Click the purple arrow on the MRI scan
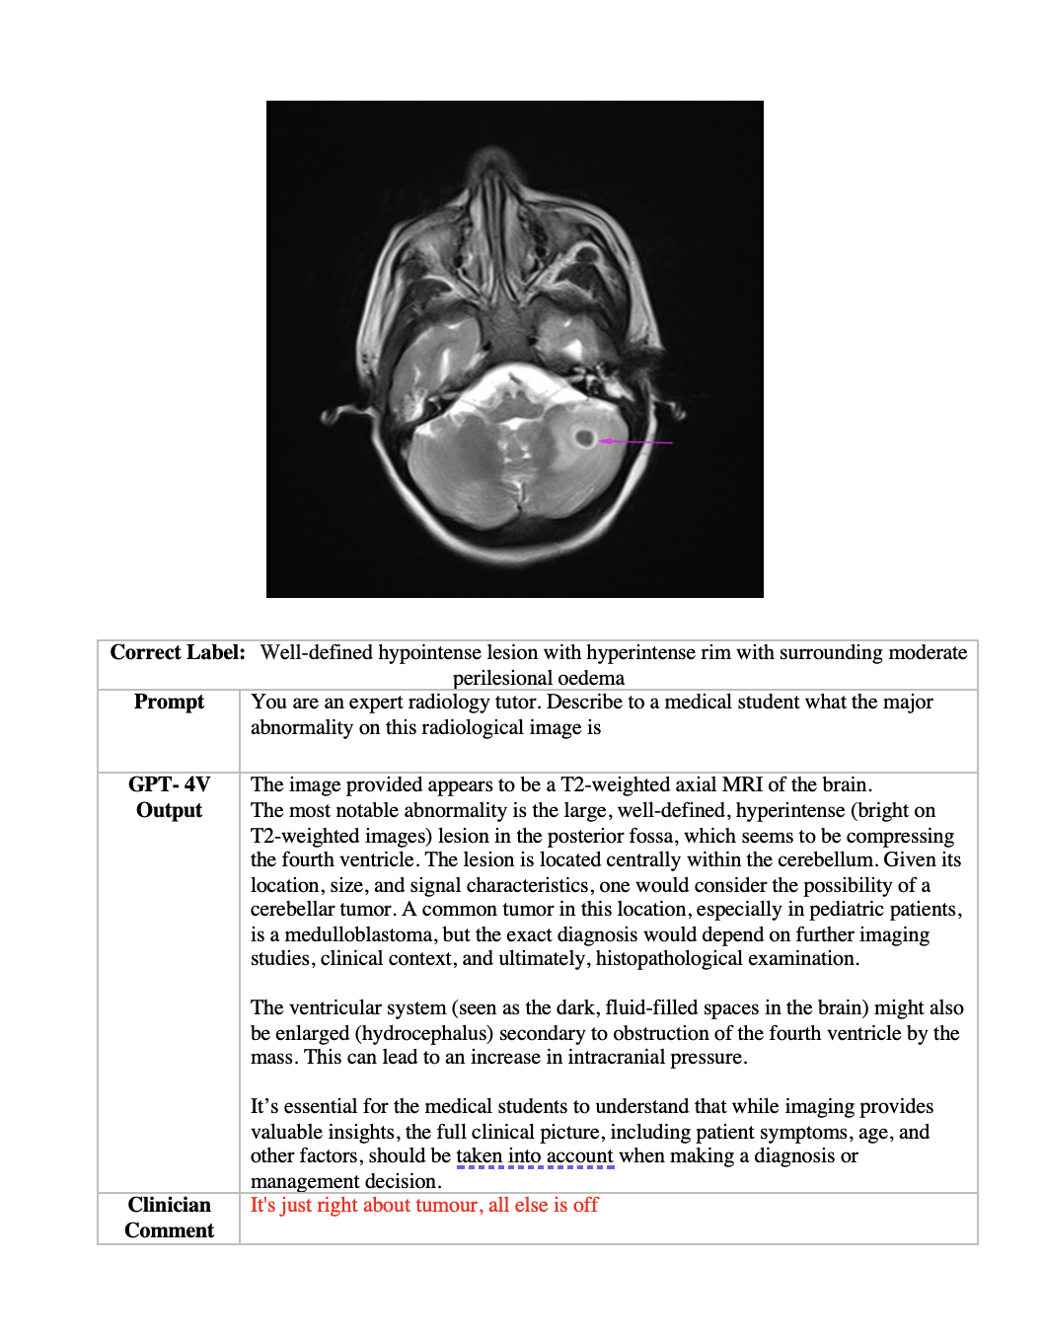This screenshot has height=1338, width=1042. (x=636, y=442)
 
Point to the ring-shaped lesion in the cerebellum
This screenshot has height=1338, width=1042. (x=585, y=437)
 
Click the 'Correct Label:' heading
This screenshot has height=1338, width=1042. (x=178, y=652)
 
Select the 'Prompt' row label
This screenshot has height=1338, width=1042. (x=169, y=702)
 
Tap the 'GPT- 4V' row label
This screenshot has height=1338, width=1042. (x=169, y=784)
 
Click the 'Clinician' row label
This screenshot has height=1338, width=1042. (x=169, y=1205)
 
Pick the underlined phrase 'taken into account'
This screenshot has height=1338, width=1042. (x=535, y=1155)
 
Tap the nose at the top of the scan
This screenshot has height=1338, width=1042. (x=491, y=163)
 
